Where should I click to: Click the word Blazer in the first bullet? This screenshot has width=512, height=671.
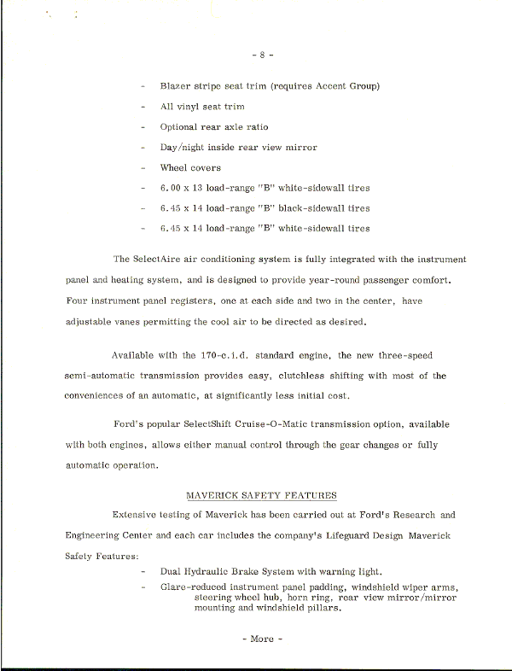tap(176, 86)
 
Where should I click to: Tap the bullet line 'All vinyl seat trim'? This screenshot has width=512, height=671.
tap(201, 107)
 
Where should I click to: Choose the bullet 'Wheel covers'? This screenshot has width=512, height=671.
tap(189, 168)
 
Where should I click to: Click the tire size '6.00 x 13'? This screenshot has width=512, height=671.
tap(185, 188)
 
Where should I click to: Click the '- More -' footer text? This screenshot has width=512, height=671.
tap(262, 639)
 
